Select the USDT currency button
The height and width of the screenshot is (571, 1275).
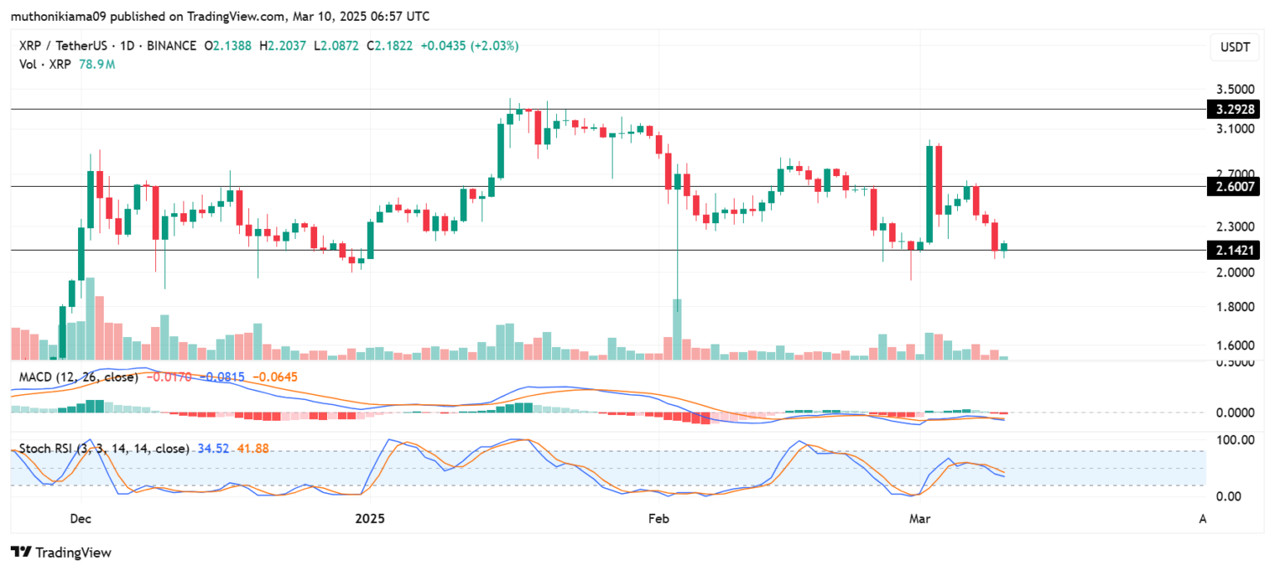coord(1233,48)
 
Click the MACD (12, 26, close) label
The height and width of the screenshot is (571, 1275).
coord(80,377)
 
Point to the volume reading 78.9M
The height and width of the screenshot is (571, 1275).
coord(96,63)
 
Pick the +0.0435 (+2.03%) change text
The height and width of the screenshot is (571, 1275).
coord(468,46)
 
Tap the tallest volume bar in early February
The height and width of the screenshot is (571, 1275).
coord(677,329)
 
